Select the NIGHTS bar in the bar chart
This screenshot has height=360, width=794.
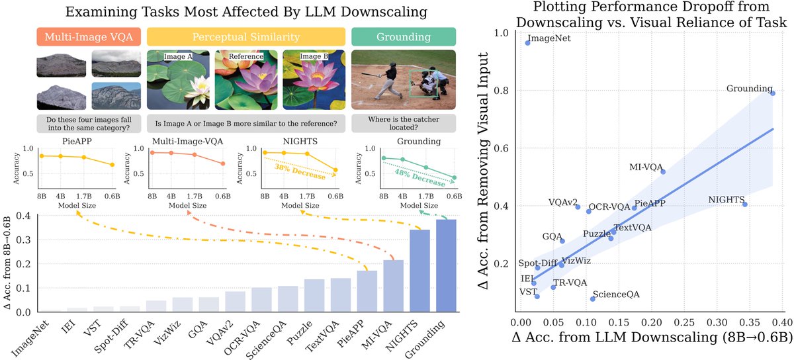point(420,271)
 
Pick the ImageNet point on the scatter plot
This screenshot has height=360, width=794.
point(527,42)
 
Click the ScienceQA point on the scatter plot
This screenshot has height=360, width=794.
point(593,299)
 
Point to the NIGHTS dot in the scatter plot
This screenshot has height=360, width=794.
point(745,204)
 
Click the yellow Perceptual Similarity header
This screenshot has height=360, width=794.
point(245,36)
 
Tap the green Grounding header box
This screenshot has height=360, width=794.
point(404,36)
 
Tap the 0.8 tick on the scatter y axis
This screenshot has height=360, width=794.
point(504,90)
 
